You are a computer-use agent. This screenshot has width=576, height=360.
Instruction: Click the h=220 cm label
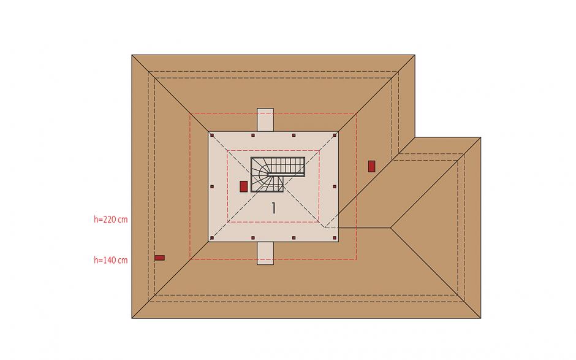[x=110, y=220]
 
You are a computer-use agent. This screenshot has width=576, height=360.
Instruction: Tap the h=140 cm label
[x=110, y=260]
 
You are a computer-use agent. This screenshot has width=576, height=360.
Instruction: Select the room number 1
[x=273, y=208]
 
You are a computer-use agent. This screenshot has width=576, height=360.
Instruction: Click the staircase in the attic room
[x=278, y=174]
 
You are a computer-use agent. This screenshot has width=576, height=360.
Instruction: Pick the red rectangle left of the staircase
[x=243, y=186]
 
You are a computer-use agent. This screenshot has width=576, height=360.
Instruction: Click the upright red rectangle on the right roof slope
[x=371, y=166]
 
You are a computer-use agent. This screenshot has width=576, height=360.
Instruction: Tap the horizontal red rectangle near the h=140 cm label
[x=159, y=258]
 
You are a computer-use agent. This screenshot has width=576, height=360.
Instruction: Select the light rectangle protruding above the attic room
[x=265, y=120]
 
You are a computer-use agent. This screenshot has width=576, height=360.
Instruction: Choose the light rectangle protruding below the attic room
[x=265, y=253]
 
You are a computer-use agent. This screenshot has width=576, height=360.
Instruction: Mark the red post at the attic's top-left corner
[x=212, y=136]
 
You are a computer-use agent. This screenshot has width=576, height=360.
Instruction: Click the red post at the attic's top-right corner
[x=335, y=136]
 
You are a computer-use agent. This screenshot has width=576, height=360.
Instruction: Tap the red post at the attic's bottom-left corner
[x=212, y=238]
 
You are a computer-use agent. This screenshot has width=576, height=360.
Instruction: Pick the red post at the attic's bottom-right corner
[x=335, y=238]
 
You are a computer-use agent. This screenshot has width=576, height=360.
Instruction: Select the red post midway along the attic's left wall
[x=212, y=187]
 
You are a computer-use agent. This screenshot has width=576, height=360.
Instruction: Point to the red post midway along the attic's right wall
[x=335, y=187]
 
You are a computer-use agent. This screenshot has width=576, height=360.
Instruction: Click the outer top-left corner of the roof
[x=132, y=55]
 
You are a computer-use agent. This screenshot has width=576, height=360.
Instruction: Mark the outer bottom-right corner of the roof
[x=480, y=318]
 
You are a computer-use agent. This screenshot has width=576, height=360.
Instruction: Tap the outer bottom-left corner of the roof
[x=132, y=318]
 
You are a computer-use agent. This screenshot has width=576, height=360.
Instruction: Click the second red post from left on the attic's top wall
[x=252, y=136]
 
